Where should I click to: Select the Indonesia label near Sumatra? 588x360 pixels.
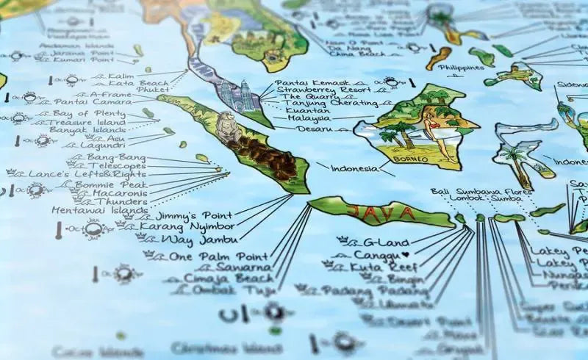tap(355, 169)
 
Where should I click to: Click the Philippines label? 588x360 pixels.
tap(461, 68)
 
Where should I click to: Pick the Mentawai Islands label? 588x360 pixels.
tap(100, 210)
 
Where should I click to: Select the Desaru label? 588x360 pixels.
tap(315, 129)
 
